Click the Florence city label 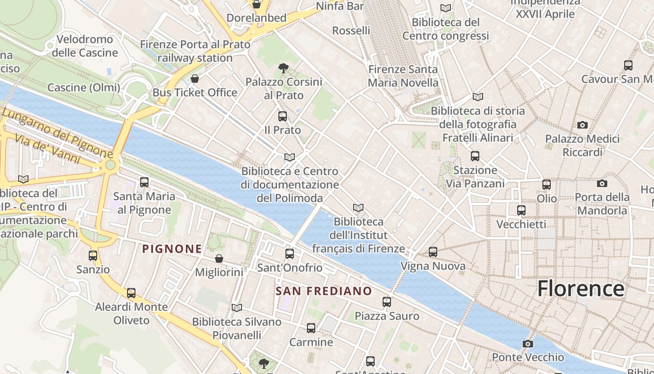(x=580, y=289)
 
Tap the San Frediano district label (x=324, y=291)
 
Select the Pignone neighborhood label (x=172, y=249)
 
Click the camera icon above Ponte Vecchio (x=528, y=344)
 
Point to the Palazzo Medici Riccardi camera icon (x=582, y=125)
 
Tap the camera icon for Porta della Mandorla (x=602, y=183)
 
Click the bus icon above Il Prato (x=283, y=116)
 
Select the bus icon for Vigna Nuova (x=433, y=252)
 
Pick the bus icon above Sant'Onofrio (x=290, y=254)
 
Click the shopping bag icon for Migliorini (x=219, y=259)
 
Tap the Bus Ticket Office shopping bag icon (x=195, y=79)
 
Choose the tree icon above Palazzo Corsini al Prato (x=283, y=68)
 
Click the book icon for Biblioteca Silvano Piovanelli (x=237, y=308)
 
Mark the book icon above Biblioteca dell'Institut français (x=358, y=208)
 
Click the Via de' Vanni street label (x=47, y=149)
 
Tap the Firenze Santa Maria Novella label (x=403, y=76)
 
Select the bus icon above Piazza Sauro (x=387, y=302)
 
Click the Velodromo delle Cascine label (x=85, y=46)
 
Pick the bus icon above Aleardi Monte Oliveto (x=131, y=293)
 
